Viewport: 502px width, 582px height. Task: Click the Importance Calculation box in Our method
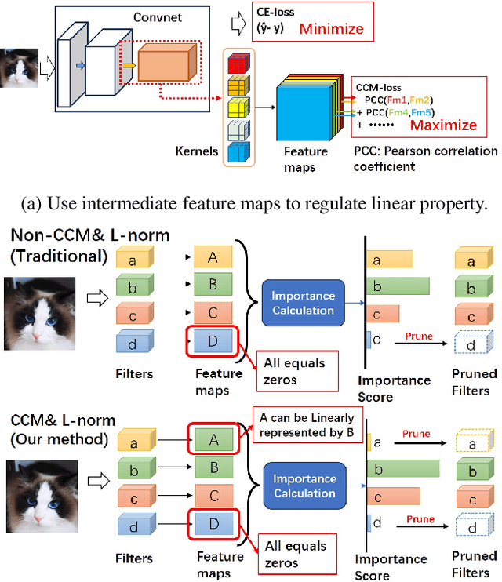coord(304,486)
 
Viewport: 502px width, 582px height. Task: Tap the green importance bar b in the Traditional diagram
coord(401,287)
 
